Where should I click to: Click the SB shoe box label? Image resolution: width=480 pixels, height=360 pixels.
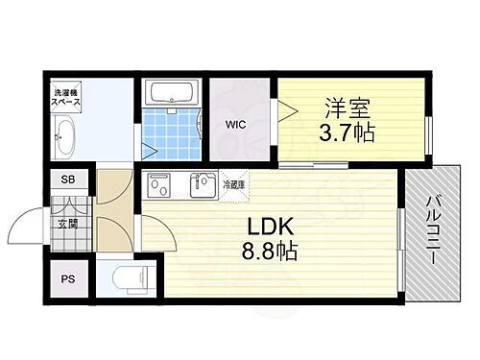68,180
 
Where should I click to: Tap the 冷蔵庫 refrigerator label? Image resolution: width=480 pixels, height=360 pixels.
234,183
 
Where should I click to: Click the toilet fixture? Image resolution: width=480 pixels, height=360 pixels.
123,278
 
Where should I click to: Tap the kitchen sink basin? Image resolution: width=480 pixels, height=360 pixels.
204,183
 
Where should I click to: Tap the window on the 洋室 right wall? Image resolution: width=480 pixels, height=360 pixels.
429,135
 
